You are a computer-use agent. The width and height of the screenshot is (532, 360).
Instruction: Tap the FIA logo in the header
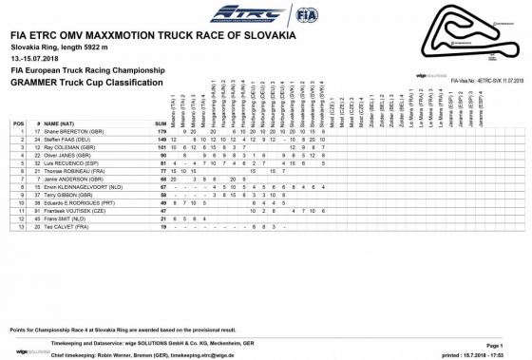pyautogui.click(x=304, y=15)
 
